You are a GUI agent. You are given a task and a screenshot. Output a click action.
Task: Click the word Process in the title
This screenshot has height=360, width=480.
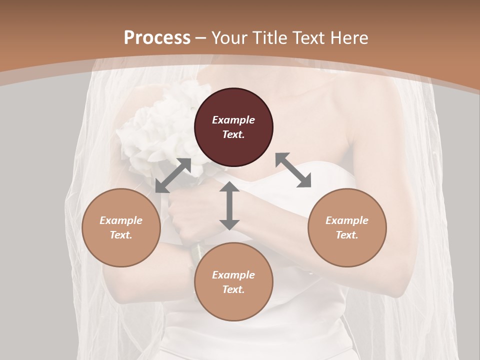click(157, 38)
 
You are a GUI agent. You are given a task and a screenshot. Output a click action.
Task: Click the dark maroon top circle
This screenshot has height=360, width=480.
click(233, 127)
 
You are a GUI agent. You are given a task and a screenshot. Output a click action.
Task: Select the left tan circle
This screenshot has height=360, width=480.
click(121, 227)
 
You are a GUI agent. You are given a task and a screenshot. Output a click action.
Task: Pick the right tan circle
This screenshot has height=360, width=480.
click(347, 227)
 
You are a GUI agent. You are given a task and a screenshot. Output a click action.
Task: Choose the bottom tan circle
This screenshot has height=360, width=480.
click(233, 282)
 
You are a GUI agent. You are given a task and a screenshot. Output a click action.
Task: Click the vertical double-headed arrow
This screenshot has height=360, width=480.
click(229, 205)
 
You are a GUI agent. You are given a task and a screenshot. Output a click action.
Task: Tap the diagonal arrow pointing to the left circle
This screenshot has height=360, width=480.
click(173, 175)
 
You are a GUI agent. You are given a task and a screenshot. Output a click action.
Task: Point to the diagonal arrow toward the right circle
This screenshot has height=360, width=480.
click(293, 170)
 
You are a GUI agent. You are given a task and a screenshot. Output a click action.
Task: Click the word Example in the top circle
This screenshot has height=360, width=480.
click(233, 120)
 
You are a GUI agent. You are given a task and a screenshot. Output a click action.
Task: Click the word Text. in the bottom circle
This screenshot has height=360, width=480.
click(233, 289)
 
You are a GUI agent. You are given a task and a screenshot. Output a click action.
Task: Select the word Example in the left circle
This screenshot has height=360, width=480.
click(121, 220)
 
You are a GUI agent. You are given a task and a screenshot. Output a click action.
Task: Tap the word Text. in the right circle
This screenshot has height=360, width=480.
click(347, 235)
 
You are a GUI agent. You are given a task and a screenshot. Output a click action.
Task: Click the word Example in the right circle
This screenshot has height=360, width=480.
click(347, 220)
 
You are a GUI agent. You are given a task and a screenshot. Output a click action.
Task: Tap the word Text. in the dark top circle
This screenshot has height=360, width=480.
click(233, 134)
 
